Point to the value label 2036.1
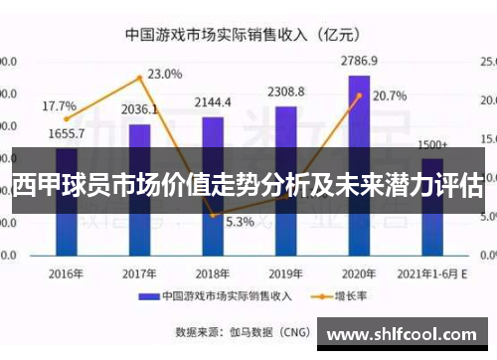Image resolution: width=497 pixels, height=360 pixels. click(x=140, y=109)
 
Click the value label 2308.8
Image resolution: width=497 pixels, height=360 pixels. click(x=285, y=91)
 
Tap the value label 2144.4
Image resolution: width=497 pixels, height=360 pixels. click(x=213, y=102)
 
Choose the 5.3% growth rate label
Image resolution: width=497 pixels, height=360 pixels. click(x=240, y=222)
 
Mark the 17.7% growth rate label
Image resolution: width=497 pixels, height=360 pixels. click(x=59, y=105)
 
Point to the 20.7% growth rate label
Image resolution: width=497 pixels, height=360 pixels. click(x=390, y=96)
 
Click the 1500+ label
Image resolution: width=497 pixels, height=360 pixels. click(x=432, y=144)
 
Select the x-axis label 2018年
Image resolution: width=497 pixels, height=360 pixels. click(x=213, y=272)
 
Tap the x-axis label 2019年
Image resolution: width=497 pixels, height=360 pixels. click(x=285, y=272)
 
